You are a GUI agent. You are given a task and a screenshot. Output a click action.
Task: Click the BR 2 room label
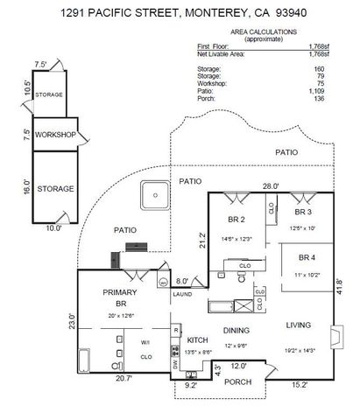point(235,220)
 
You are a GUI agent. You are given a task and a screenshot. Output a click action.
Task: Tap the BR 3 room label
point(303,212)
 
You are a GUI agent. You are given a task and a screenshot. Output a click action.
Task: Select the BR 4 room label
point(305,258)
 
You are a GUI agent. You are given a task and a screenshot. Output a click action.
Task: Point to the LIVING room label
point(300,325)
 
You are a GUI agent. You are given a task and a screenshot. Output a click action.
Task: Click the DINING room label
point(236,331)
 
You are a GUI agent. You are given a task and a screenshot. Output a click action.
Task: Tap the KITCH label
point(196,339)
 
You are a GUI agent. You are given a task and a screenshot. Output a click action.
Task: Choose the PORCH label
point(237,381)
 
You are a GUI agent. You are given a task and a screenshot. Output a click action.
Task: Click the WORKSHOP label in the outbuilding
point(55,136)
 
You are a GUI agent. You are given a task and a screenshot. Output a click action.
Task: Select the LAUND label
point(182,294)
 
